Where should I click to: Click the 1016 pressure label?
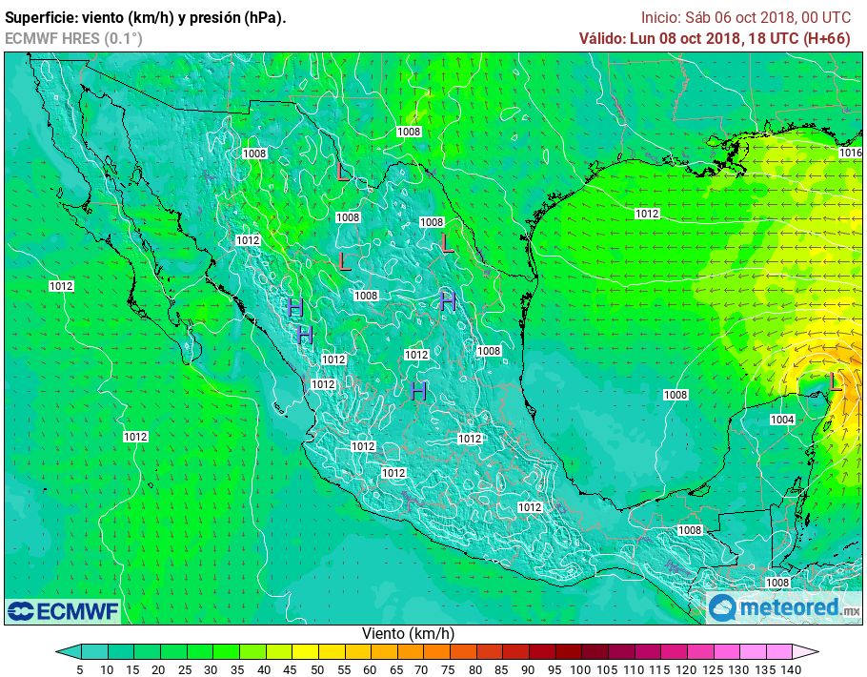851,153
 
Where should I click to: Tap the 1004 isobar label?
782,420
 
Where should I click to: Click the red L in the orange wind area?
835,382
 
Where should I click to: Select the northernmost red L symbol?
343,173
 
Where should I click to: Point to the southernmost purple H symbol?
418,390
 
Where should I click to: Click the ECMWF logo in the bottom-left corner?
63,610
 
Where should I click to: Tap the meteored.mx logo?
783,606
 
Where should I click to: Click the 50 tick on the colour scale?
316,669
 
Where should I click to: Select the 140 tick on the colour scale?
790,669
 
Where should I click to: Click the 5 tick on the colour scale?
80,669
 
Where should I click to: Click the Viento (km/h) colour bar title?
408,633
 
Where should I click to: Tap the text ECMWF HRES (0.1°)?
73,38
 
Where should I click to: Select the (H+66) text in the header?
827,38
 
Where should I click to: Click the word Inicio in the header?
660,17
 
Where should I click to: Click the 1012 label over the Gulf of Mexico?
647,214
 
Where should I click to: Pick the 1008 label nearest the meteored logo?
777,582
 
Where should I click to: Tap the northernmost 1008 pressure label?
409,132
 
